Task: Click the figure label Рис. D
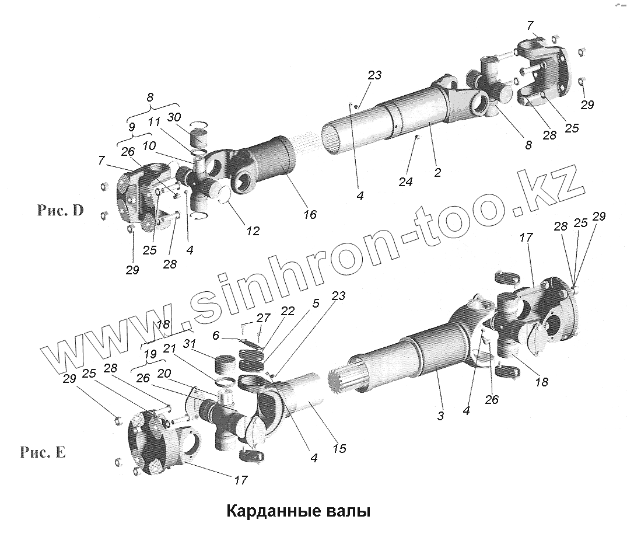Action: click(61, 210)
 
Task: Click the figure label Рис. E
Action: click(43, 452)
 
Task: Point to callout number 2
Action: click(437, 172)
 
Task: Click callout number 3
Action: click(440, 416)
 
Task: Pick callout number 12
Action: click(253, 231)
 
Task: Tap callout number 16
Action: click(310, 214)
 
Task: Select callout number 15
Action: click(339, 448)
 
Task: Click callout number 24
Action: click(405, 182)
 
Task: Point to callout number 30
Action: click(174, 117)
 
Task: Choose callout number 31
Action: click(190, 344)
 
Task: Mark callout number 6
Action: click(216, 335)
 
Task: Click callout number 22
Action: click(288, 311)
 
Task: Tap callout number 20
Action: click(164, 374)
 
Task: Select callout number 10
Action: click(149, 146)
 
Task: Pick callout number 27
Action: click(264, 318)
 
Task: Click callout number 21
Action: click(170, 348)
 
